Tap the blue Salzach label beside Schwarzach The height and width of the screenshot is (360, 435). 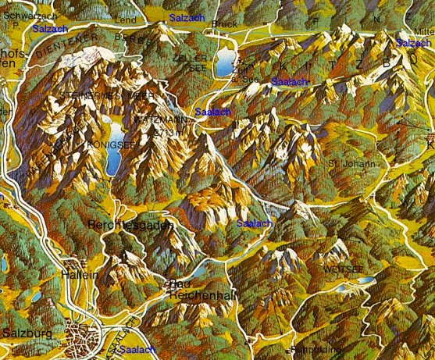50,27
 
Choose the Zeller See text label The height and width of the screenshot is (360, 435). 191,63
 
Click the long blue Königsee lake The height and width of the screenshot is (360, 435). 112,148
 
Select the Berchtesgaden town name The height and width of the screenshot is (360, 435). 125,223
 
